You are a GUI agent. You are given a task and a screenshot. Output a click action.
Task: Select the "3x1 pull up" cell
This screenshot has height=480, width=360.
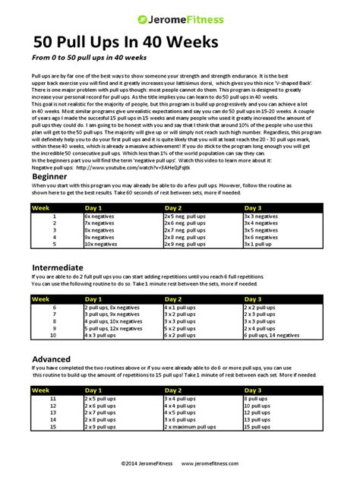click(x=261, y=245)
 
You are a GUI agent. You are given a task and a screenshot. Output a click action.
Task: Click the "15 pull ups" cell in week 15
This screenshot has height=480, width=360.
click(x=258, y=427)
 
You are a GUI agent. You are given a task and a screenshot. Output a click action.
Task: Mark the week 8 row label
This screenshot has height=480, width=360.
click(x=54, y=321)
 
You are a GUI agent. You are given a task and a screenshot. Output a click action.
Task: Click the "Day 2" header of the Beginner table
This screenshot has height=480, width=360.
click(x=174, y=207)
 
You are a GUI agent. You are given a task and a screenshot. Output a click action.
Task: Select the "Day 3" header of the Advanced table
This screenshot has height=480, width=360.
click(x=253, y=390)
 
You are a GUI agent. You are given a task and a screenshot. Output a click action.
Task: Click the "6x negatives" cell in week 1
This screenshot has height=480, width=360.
click(x=101, y=216)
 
